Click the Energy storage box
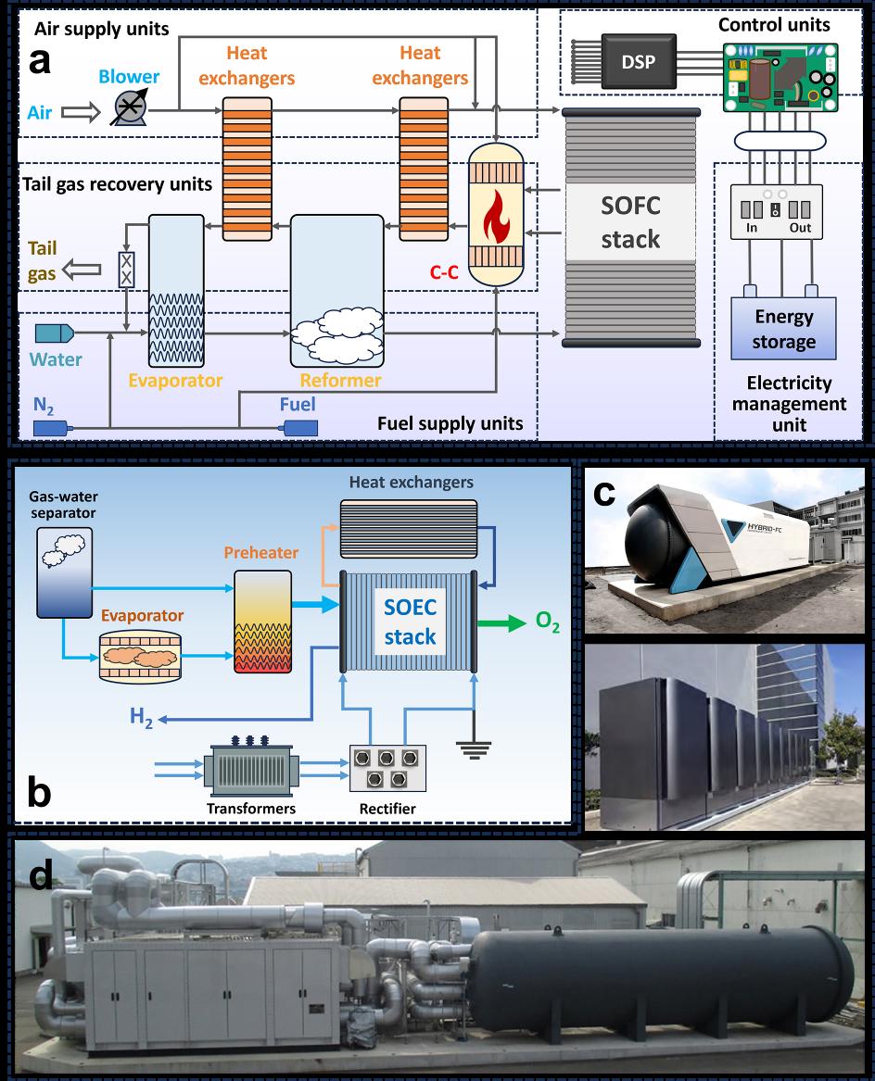[x=783, y=329]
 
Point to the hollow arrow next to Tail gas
[x=85, y=270]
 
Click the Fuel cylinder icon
[x=299, y=428]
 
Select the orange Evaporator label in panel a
[x=188, y=381]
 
